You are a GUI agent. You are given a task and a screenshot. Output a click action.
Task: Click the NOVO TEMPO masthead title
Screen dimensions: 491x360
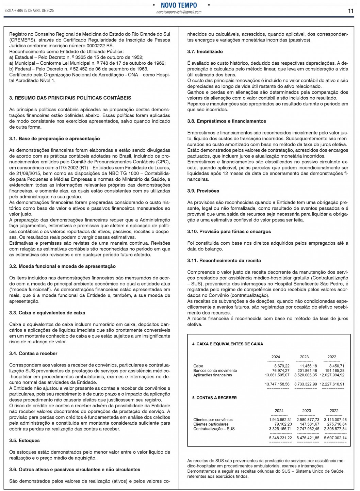pos(179,5)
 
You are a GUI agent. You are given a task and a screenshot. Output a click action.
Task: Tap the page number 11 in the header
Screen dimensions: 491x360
pos(351,11)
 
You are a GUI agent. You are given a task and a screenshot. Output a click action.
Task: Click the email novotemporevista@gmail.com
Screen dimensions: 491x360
pos(179,12)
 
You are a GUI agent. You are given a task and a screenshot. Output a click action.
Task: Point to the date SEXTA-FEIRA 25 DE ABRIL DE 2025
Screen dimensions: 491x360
pos(29,11)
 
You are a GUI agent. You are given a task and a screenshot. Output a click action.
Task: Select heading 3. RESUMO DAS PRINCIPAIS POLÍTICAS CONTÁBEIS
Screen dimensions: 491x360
pos(70,98)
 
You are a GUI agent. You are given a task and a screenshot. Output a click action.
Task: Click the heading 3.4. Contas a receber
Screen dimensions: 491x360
pos(33,354)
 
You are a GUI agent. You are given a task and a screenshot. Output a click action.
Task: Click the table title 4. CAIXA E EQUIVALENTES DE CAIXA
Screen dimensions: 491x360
pos(228,344)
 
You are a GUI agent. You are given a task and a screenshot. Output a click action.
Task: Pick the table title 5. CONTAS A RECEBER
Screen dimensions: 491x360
pos(214,398)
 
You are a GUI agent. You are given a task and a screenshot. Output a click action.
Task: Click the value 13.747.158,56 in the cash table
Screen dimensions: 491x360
pos(277,384)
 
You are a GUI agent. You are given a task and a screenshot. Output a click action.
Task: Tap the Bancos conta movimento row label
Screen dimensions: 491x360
pos(215,371)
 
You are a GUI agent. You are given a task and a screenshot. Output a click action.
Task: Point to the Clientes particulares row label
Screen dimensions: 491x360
pos(211,424)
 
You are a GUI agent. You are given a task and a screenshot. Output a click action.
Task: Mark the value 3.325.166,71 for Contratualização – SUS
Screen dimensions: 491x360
pos(280,429)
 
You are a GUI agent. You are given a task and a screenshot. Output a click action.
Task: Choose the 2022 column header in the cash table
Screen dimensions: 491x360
pos(332,357)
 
